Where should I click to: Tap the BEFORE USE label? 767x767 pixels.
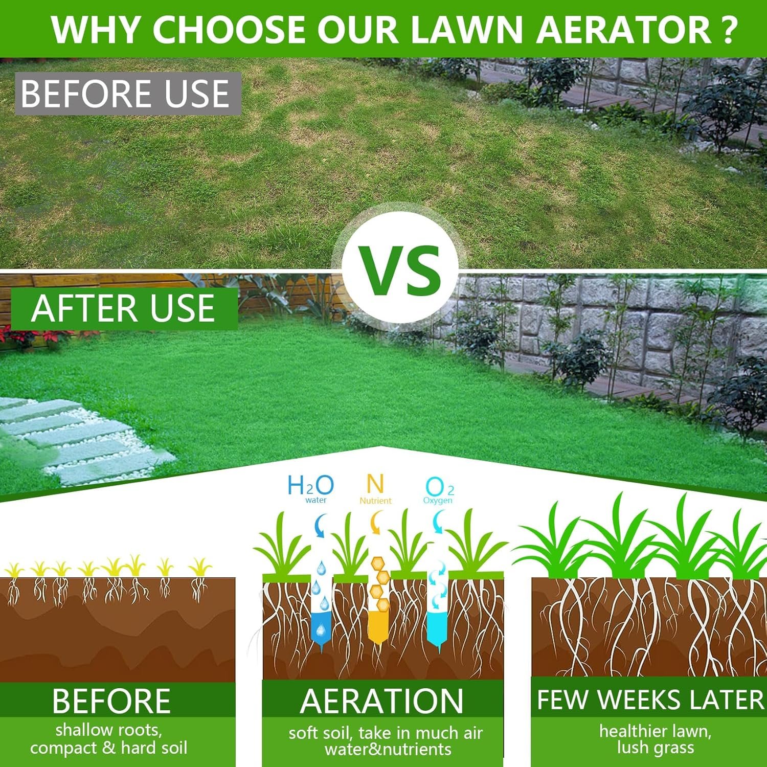pos(128,94)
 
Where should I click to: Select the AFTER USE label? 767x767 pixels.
pos(124,308)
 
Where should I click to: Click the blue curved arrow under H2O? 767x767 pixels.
pos(320,526)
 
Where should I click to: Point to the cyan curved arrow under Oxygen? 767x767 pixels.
pos(438,523)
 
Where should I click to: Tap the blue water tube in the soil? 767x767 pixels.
pos(321,606)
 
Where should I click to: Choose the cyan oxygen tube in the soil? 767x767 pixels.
pos(438,603)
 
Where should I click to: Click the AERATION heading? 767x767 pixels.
pos(382,701)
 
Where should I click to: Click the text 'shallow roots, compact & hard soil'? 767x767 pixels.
pos(109,739)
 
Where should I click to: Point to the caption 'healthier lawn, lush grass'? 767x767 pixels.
pos(656,739)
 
